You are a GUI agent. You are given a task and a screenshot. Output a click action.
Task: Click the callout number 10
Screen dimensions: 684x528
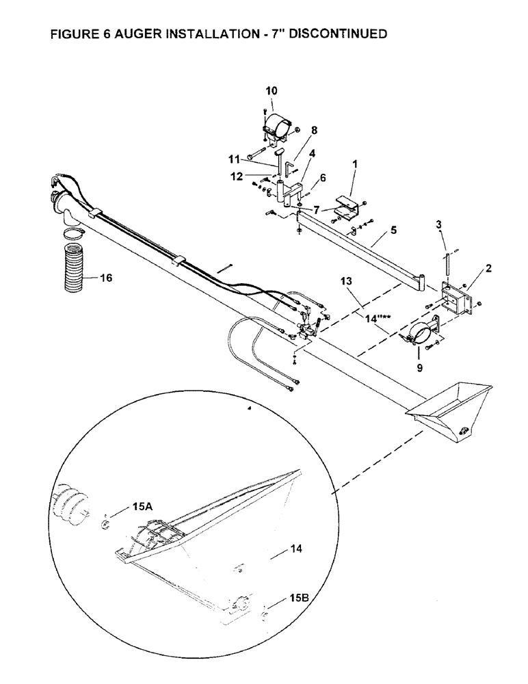(x=272, y=90)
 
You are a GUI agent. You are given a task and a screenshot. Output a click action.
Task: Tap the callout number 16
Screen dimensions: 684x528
(x=105, y=278)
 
